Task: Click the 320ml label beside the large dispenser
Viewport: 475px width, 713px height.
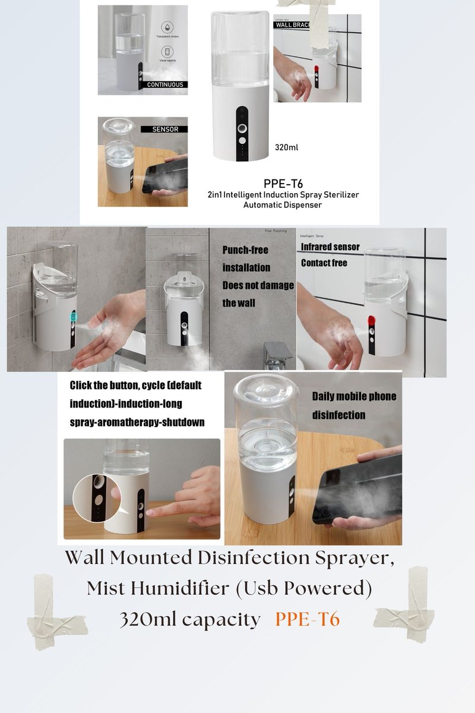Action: [286, 147]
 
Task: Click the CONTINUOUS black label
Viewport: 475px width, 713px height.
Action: [165, 84]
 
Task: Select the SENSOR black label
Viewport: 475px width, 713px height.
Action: [164, 128]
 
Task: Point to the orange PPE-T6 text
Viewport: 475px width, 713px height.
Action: [307, 619]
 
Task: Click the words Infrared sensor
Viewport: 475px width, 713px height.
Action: [330, 247]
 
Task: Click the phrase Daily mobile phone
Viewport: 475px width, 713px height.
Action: [354, 396]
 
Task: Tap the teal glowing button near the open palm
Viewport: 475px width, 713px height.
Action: [74, 317]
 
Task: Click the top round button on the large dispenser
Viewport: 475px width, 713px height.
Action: [242, 128]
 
